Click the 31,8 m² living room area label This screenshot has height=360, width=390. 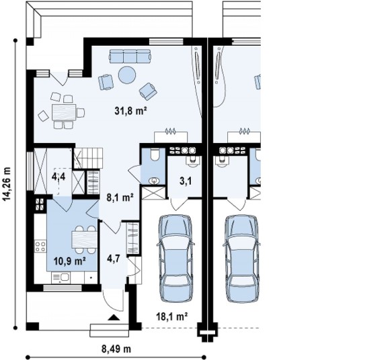coord(130,111)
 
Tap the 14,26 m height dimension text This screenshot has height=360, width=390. coord(7,183)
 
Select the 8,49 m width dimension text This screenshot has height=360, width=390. coord(116,349)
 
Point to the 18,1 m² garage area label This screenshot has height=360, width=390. coord(172,316)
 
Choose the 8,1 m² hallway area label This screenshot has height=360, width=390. coord(120,197)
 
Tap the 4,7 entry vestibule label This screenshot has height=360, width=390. coord(114,259)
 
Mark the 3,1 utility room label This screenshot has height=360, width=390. coord(186,181)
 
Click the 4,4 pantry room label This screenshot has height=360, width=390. coord(58,177)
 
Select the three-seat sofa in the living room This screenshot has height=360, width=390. coord(130,56)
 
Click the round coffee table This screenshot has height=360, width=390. coord(127,75)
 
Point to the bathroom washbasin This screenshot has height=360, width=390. coord(154,181)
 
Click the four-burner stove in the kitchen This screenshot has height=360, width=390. coord(40,246)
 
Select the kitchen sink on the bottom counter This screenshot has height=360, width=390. coord(61,277)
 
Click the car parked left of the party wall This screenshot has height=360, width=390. coord(176,259)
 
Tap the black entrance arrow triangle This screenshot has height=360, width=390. coord(114,317)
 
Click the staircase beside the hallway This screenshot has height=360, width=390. coord(89,158)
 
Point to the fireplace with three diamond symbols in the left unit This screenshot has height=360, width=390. coord(171,136)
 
